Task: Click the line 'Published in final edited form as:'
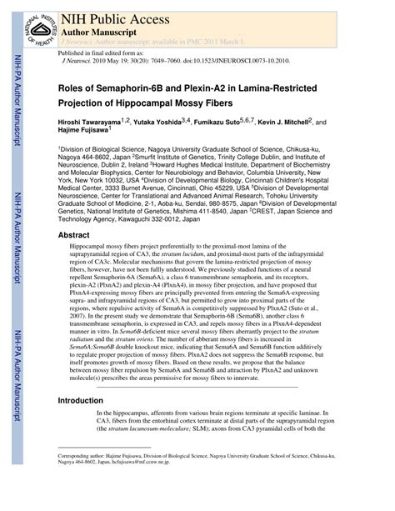coord(97,53)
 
